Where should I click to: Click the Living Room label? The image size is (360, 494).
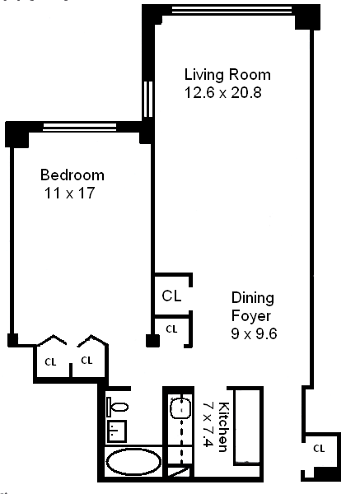click(x=227, y=75)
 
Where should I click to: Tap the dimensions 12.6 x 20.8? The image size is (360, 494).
click(x=223, y=93)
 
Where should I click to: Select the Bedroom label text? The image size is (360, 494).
click(x=72, y=175)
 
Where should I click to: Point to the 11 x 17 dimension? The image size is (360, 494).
click(x=70, y=193)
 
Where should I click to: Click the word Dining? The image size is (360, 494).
click(x=253, y=298)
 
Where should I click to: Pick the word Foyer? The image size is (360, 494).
click(x=251, y=316)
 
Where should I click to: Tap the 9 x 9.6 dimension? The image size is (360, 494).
click(x=254, y=333)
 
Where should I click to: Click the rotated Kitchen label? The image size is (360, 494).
click(x=223, y=427)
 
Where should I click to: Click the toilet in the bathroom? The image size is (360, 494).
click(x=118, y=407)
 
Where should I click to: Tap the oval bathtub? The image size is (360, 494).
click(x=133, y=462)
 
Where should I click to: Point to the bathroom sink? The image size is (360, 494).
click(x=117, y=431)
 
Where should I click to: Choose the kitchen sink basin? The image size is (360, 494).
click(x=180, y=408)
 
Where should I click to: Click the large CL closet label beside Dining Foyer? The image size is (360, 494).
click(x=171, y=296)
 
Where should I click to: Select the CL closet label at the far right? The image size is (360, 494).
click(x=319, y=449)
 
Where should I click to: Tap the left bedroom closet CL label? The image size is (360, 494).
click(x=50, y=362)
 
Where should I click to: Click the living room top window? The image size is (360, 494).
click(x=232, y=10)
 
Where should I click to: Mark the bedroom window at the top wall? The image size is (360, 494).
click(x=80, y=127)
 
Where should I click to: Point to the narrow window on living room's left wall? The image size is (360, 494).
click(x=147, y=100)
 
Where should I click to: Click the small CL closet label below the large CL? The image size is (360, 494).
click(x=171, y=329)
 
